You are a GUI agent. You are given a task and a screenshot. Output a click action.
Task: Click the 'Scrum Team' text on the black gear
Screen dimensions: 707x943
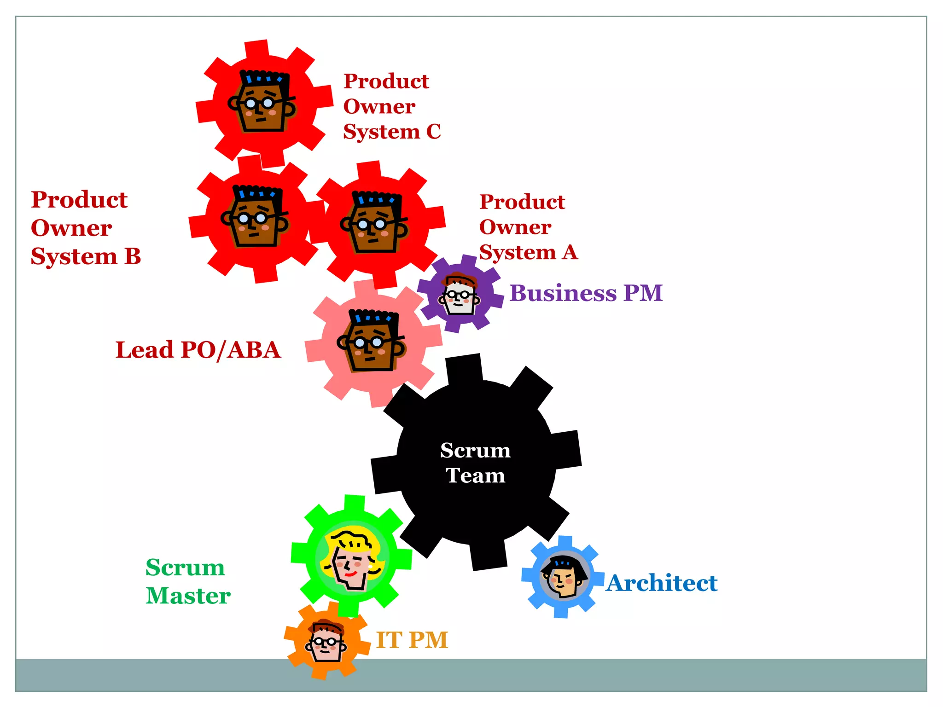(475, 463)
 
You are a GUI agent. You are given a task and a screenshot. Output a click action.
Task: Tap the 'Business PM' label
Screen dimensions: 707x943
(586, 293)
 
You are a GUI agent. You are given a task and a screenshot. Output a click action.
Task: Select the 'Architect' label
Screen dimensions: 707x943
(662, 583)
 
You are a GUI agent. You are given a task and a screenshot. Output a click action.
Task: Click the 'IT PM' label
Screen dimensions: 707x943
(412, 640)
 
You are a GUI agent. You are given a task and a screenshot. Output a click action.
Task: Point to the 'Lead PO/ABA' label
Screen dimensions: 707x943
(198, 350)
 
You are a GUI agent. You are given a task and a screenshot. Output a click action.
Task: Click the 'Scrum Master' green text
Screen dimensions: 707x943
(187, 581)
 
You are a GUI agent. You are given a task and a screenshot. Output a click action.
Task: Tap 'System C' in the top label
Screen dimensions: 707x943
(392, 132)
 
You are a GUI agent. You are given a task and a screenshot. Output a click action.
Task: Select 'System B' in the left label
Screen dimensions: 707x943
(86, 256)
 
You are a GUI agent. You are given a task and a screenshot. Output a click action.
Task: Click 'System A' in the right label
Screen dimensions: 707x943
(528, 252)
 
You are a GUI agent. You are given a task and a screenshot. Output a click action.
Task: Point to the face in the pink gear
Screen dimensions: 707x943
(371, 342)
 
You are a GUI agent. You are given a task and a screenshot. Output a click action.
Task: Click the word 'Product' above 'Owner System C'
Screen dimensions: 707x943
(386, 81)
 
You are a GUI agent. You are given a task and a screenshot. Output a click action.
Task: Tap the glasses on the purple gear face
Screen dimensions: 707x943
(459, 294)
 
